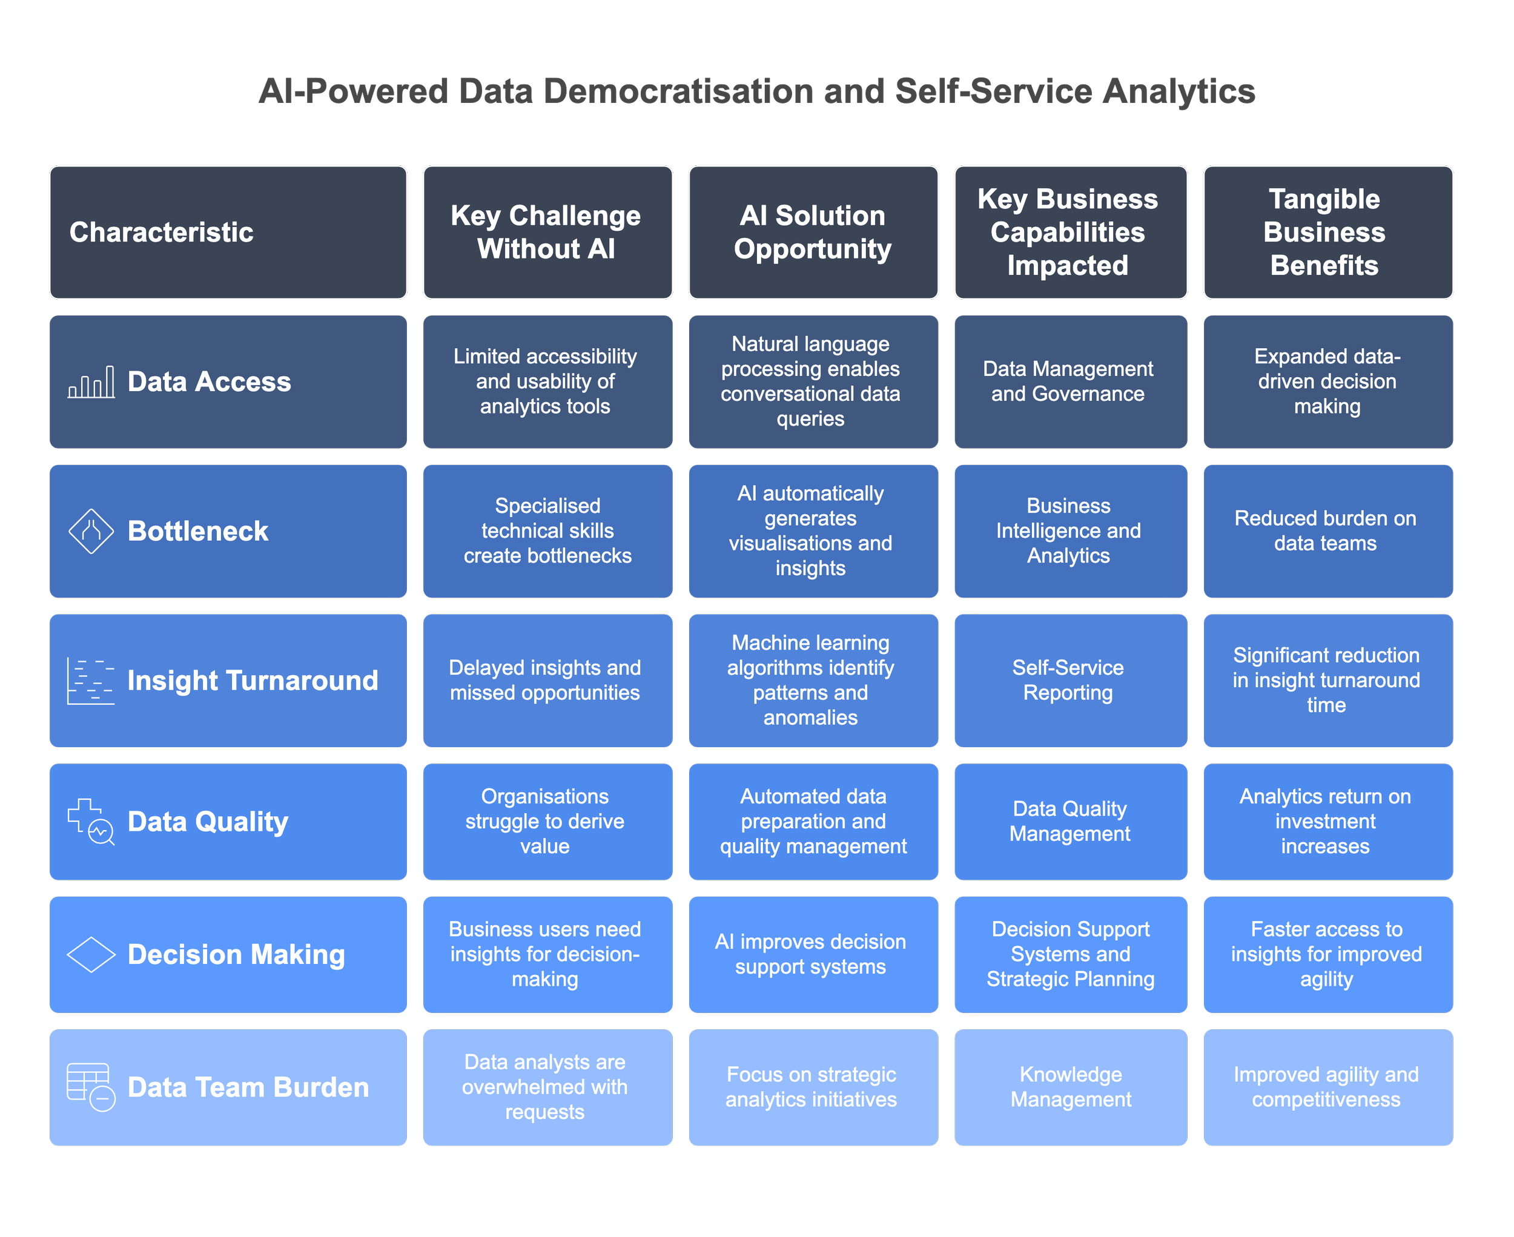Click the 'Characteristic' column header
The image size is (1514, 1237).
tap(228, 233)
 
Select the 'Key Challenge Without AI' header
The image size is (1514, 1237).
tap(547, 233)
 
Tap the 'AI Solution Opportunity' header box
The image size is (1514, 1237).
tap(813, 233)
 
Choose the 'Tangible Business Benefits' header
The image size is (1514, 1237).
tap(1327, 233)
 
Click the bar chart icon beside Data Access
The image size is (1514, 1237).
tap(91, 382)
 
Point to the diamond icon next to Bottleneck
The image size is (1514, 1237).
tap(91, 531)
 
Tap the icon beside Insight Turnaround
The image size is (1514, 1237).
tap(90, 681)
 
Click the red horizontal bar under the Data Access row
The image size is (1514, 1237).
tap(927, 456)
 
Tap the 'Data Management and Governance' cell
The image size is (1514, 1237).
tap(1070, 382)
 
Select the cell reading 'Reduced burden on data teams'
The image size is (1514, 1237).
tap(1327, 531)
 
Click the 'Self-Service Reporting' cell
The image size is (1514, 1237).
tap(1070, 681)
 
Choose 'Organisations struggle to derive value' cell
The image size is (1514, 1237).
tap(547, 822)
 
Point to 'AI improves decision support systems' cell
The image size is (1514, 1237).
tap(813, 954)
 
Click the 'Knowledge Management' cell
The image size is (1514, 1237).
tap(1070, 1087)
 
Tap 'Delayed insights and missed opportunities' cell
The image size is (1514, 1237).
tap(547, 681)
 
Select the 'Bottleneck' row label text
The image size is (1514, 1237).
tap(198, 531)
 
